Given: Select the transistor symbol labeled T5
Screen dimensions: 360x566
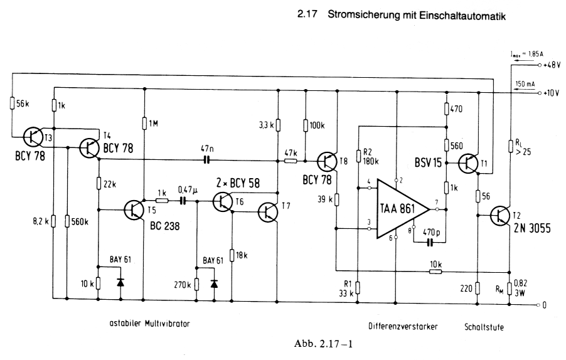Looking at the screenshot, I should pos(135,210).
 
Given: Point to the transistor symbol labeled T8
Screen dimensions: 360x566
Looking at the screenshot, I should pos(327,162).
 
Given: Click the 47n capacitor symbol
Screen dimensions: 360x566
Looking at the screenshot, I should pos(206,160).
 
